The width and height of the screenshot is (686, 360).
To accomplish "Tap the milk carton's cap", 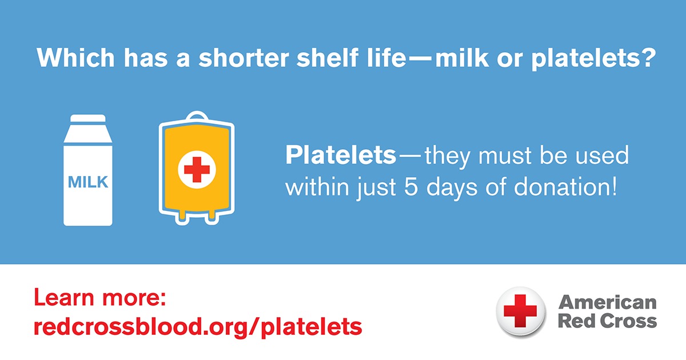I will [x=87, y=118].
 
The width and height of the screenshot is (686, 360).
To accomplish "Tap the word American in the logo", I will [x=607, y=301].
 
